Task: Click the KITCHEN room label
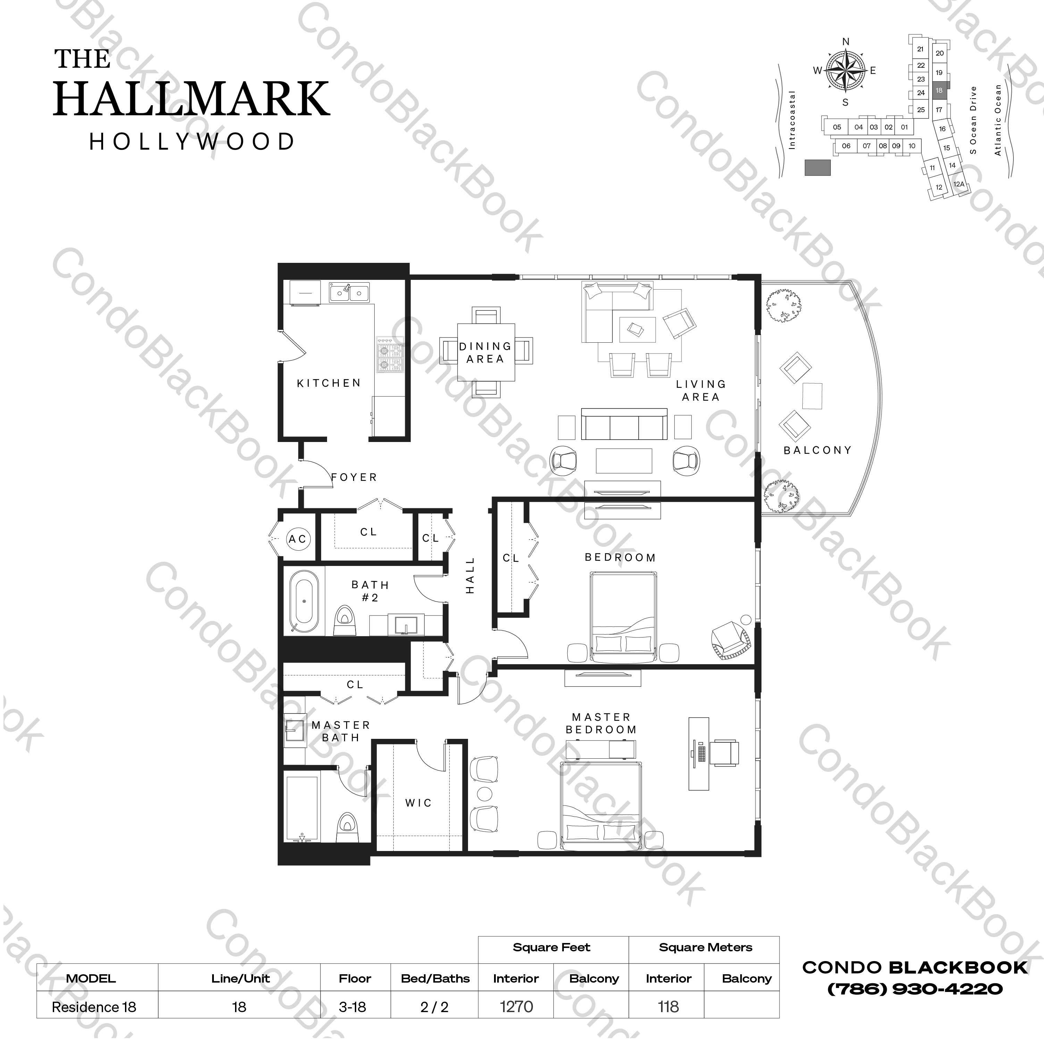(328, 383)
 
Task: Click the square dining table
(486, 352)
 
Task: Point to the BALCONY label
(817, 450)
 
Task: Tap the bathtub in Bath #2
(304, 601)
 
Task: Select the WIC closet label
(419, 803)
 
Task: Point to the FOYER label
(354, 477)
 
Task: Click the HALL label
(470, 576)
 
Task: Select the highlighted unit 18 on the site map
(939, 90)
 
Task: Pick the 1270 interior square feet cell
(516, 1007)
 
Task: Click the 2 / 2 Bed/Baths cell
(434, 1007)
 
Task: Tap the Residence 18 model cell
(94, 1007)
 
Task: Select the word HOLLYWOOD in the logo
(192, 142)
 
